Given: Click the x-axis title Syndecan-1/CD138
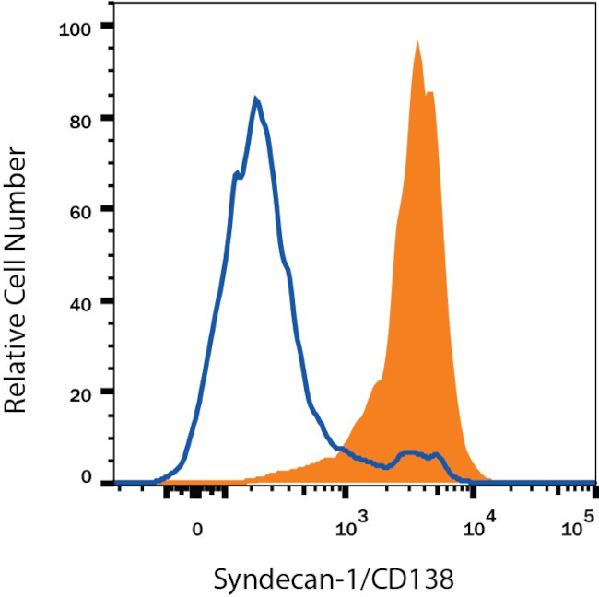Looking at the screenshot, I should [335, 581].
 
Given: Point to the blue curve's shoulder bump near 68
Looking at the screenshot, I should [237, 172].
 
